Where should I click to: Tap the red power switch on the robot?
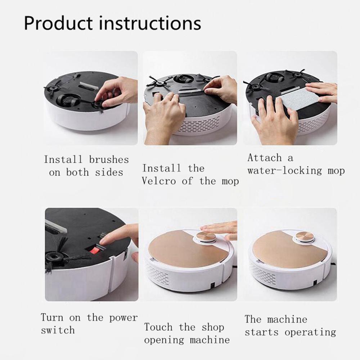(95, 250)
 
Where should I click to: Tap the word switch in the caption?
(58, 330)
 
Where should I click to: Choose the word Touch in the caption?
(158, 327)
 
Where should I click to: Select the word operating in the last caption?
(310, 332)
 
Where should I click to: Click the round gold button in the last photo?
(304, 237)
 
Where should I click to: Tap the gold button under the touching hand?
(206, 237)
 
